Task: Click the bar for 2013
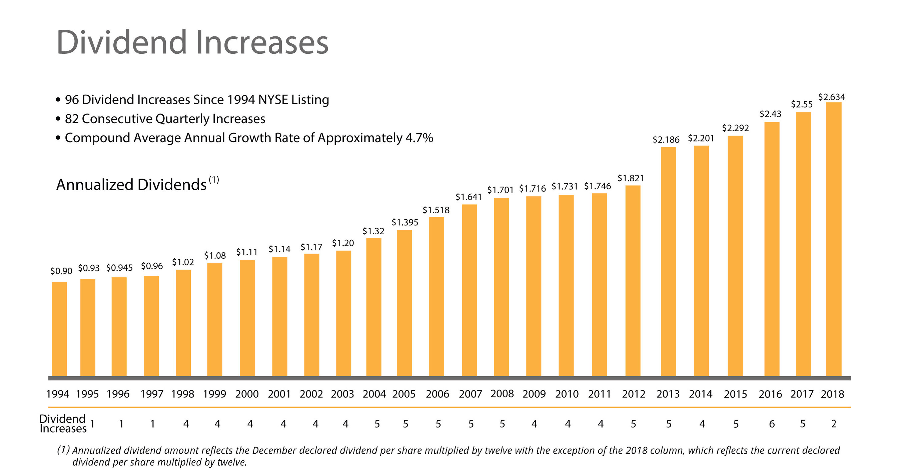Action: point(668,262)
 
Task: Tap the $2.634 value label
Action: point(832,97)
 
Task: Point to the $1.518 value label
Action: point(436,210)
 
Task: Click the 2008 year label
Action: point(502,394)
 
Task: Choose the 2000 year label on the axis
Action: point(247,394)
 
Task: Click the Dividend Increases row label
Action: point(63,423)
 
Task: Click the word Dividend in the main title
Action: point(122,42)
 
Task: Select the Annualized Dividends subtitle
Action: point(131,185)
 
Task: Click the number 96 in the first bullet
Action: point(72,100)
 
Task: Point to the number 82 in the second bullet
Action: point(72,119)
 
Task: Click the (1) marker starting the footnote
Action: point(63,450)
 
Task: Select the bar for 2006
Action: point(436,297)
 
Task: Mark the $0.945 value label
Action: point(119,268)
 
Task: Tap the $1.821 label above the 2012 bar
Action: point(631,178)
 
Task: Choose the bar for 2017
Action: point(803,245)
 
